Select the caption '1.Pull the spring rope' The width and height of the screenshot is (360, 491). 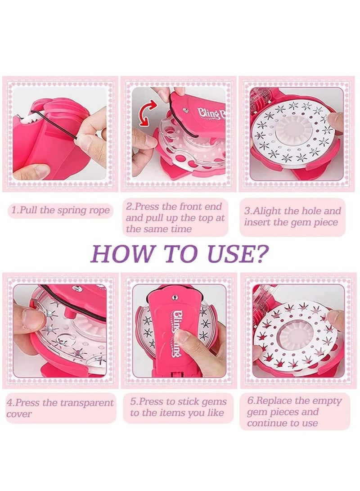point(60,211)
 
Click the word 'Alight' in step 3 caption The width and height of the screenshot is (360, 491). point(273,211)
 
